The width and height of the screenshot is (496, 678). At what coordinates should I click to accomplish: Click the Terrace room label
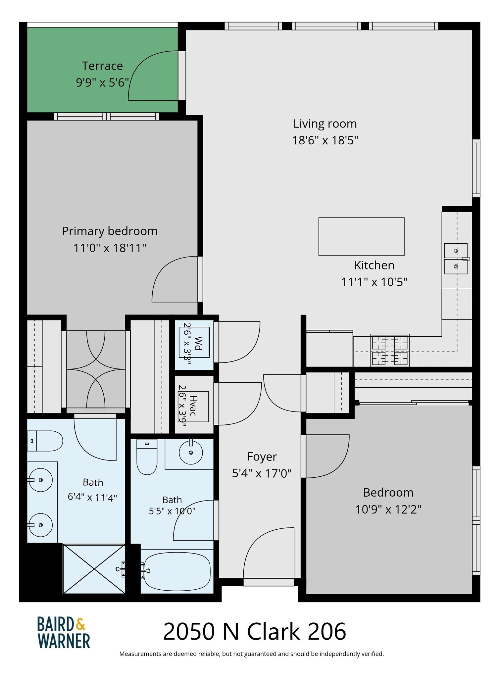coord(102,66)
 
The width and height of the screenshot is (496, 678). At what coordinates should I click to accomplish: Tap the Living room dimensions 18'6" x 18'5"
coord(325,140)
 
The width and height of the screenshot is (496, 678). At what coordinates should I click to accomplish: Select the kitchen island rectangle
coord(361,236)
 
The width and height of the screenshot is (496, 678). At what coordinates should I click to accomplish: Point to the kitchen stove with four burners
coord(390,350)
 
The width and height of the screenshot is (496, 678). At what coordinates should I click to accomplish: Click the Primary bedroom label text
coord(110,231)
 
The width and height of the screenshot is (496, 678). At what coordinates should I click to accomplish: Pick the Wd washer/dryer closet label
coord(198,343)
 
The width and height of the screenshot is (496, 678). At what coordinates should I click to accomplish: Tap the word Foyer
coord(262,457)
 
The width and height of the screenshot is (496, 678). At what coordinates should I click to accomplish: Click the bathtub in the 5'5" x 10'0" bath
coord(177,571)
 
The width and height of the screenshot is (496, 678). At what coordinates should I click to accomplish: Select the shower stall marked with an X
coord(94,569)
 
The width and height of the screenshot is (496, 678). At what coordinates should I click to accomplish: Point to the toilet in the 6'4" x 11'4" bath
coord(45,441)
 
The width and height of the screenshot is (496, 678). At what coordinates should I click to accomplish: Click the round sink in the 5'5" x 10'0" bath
coord(191,452)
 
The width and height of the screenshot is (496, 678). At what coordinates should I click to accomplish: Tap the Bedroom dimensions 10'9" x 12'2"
coord(388,509)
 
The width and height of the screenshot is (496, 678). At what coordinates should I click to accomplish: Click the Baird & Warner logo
coord(63,632)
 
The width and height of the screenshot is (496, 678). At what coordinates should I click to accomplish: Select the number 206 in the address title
coord(327,632)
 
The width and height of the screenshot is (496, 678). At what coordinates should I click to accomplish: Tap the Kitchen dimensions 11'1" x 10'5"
coord(374,282)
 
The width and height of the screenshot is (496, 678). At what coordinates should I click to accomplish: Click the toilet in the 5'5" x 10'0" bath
coord(147,457)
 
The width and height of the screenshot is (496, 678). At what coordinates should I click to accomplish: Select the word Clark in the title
coord(273,632)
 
